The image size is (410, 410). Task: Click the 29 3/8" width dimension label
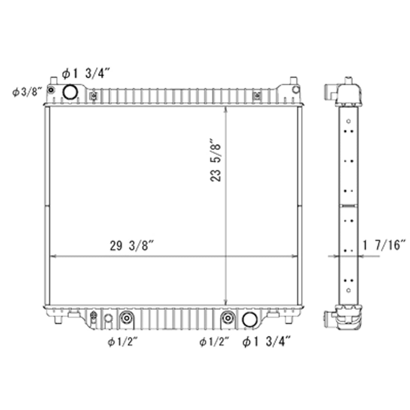click(132, 246)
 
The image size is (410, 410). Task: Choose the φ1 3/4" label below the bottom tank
click(266, 341)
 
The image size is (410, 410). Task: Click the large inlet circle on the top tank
click(70, 92)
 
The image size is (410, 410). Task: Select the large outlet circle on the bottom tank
click(249, 319)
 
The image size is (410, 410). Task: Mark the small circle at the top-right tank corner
click(296, 90)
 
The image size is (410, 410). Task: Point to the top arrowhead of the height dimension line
click(225, 109)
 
